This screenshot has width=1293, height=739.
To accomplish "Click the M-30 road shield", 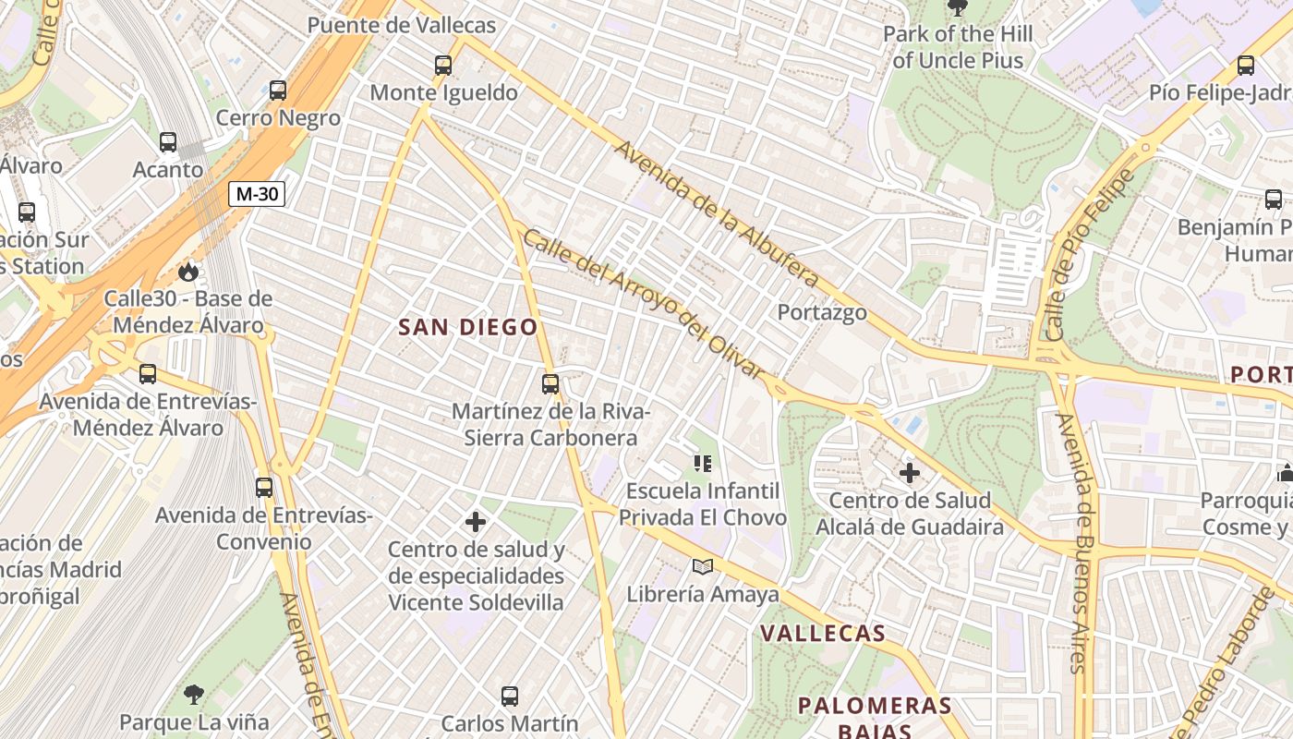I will (257, 194).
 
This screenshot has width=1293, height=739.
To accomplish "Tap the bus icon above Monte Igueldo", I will (443, 66).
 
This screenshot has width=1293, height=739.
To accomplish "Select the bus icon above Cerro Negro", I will (278, 91).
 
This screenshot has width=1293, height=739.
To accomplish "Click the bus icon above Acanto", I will (168, 142).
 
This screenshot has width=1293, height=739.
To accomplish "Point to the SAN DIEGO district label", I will (467, 327).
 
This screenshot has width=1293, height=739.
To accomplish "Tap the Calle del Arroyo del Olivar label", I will (644, 304).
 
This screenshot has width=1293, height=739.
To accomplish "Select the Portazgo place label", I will (822, 312).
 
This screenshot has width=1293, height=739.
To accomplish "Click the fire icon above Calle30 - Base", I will (188, 272).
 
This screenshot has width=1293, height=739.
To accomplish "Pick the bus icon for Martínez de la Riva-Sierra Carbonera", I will (550, 383).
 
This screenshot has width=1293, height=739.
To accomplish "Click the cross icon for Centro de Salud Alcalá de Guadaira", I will (910, 473).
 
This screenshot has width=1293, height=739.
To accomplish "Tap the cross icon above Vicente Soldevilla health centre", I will (476, 522).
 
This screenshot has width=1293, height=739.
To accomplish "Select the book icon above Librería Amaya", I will (703, 566).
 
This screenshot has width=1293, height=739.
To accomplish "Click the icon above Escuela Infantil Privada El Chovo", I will (703, 463).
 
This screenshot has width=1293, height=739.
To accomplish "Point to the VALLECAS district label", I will (823, 634).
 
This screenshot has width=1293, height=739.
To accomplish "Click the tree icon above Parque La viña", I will (194, 694).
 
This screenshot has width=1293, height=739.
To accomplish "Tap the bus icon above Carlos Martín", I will (510, 697).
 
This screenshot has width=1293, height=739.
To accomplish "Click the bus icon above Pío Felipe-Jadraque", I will (1246, 66).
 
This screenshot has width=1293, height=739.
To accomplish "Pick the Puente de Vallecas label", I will (401, 25).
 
